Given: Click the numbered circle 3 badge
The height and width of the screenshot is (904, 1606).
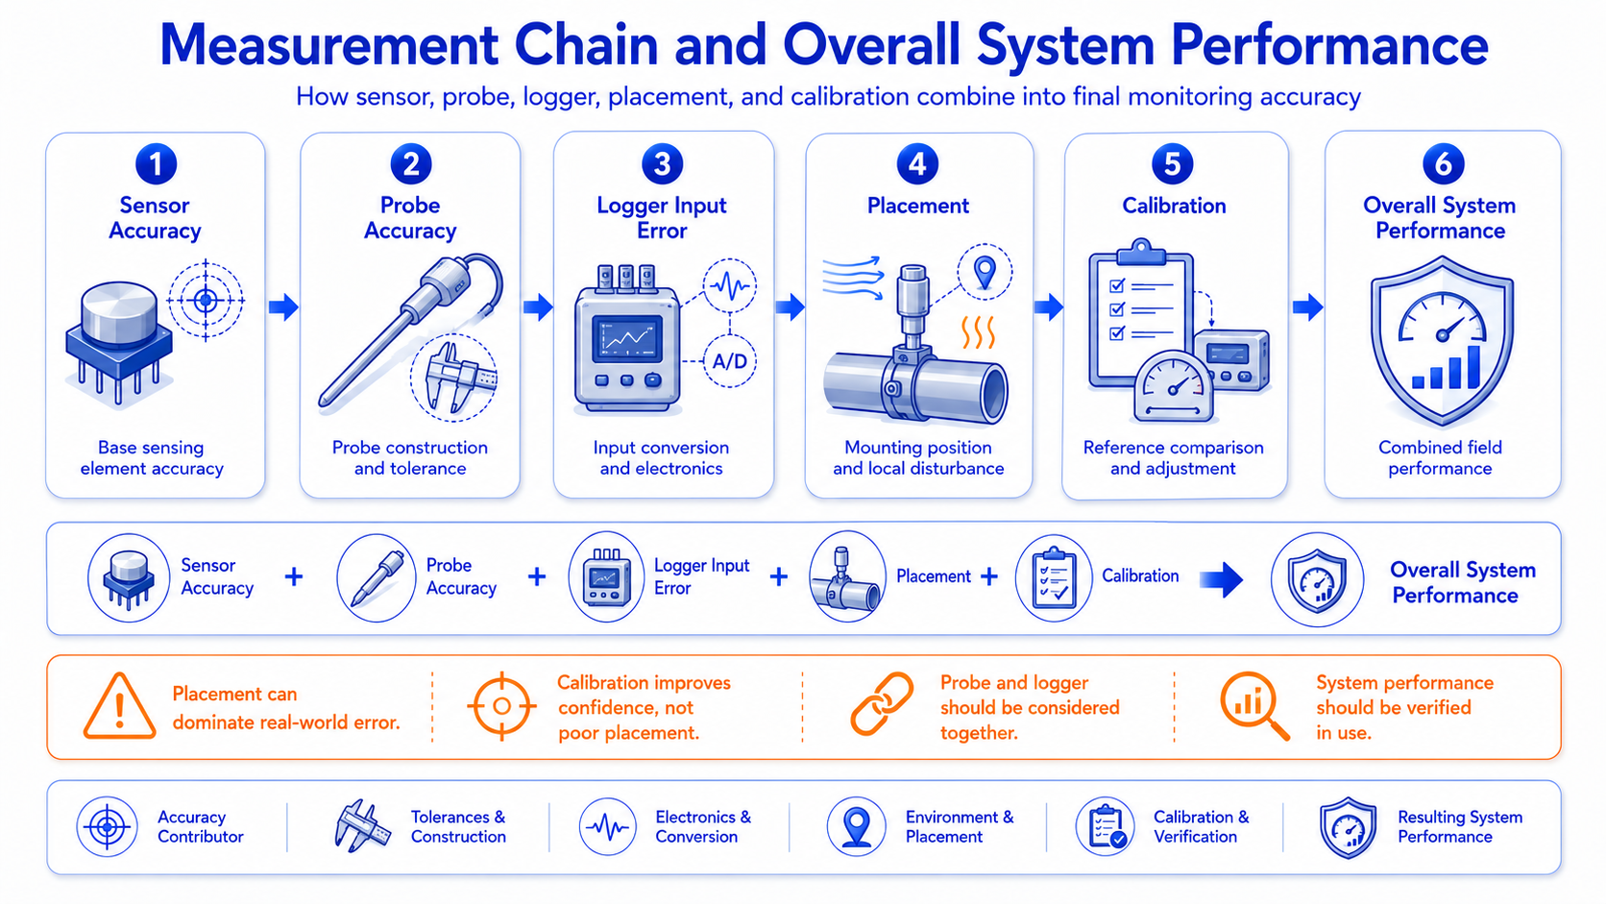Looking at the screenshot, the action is pos(662,163).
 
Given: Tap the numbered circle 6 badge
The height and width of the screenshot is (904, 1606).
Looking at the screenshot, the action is pos(1443,163).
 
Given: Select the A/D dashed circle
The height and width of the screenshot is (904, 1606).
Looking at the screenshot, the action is pos(730,360).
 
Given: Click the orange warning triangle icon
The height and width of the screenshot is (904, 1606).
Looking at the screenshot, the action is pos(120,706).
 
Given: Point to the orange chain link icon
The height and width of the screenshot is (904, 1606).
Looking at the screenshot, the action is pos(882,703).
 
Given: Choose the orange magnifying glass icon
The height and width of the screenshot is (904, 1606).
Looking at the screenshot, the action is pos(1254,705).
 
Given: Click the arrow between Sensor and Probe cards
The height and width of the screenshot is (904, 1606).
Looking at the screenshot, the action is pos(283,306).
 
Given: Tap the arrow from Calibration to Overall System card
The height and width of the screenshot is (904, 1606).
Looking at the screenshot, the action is pos(1307,306).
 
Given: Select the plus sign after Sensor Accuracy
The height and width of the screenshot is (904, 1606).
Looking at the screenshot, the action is pos(294,576).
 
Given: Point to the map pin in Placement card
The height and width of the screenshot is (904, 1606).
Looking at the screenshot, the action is pos(985,273).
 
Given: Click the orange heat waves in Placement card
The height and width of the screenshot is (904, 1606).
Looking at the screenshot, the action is pos(979,332).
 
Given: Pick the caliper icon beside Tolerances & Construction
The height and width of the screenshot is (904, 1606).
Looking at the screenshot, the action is pos(362,826).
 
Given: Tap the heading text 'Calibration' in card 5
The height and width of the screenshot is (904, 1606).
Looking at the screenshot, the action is pos(1174,206).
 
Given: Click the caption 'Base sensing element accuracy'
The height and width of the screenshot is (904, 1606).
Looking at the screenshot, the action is pos(152,457).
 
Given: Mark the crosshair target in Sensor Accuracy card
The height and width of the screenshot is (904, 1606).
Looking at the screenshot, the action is pos(206,300).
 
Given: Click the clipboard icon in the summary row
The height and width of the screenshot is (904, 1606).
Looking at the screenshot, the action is pos(1054,577).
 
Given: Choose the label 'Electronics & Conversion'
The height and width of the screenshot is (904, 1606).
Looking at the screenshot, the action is pos(703,826).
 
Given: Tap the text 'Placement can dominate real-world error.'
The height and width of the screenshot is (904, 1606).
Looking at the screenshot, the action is pos(286,708).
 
